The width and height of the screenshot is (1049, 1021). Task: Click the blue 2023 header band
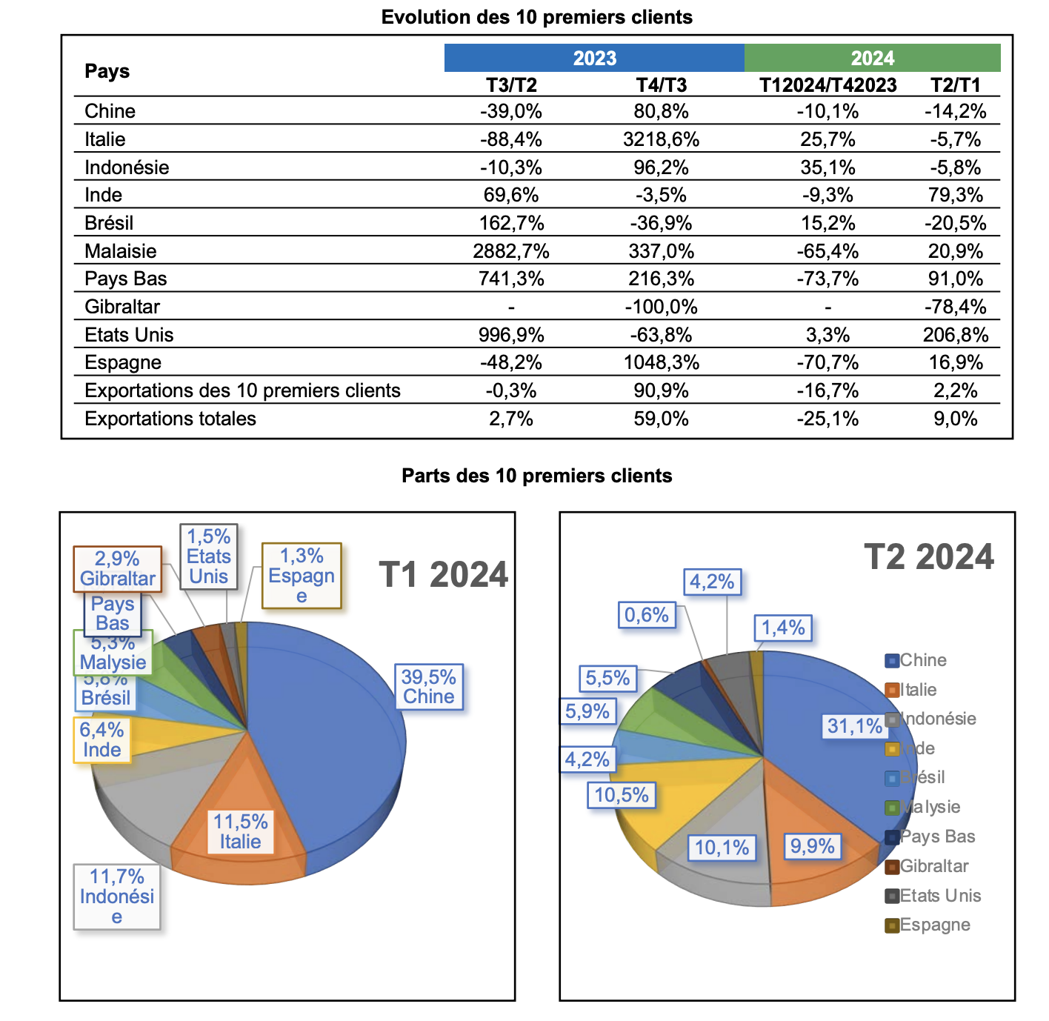click(x=594, y=58)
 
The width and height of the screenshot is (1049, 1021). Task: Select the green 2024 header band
click(x=872, y=58)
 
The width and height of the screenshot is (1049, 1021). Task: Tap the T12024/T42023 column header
click(x=827, y=85)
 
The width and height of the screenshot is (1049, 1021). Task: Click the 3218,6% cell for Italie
click(x=661, y=139)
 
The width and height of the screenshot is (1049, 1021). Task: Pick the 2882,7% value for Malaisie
click(x=511, y=251)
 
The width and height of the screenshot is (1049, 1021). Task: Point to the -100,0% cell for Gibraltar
click(x=661, y=307)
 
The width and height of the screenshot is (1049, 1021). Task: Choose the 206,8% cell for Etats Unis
click(x=955, y=335)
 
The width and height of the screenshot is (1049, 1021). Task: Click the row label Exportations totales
click(x=170, y=419)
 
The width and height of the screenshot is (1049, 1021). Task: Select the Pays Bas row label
click(x=126, y=279)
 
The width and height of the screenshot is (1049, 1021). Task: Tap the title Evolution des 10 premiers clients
click(x=536, y=17)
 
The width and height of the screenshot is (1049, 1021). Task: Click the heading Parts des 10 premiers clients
click(x=536, y=476)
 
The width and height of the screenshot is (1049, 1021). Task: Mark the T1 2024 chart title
click(x=443, y=575)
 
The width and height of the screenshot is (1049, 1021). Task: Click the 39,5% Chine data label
click(x=428, y=687)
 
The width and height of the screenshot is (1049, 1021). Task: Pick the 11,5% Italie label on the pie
click(x=240, y=831)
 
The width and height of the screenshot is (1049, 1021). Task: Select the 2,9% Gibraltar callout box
click(x=117, y=569)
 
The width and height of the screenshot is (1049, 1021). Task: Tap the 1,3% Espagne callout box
click(x=302, y=576)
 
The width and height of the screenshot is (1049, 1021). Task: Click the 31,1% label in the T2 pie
click(x=854, y=726)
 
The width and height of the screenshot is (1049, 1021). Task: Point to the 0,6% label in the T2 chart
click(x=646, y=615)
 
